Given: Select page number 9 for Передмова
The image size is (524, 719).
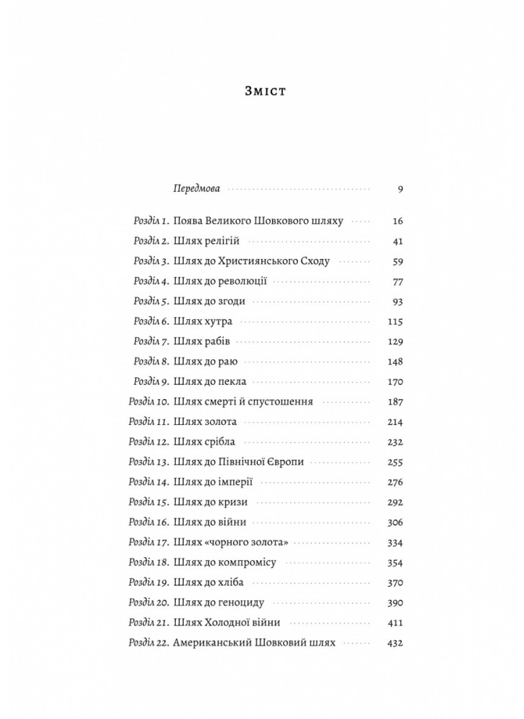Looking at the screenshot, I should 399,189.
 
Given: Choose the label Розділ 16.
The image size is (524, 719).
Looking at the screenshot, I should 148,521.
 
